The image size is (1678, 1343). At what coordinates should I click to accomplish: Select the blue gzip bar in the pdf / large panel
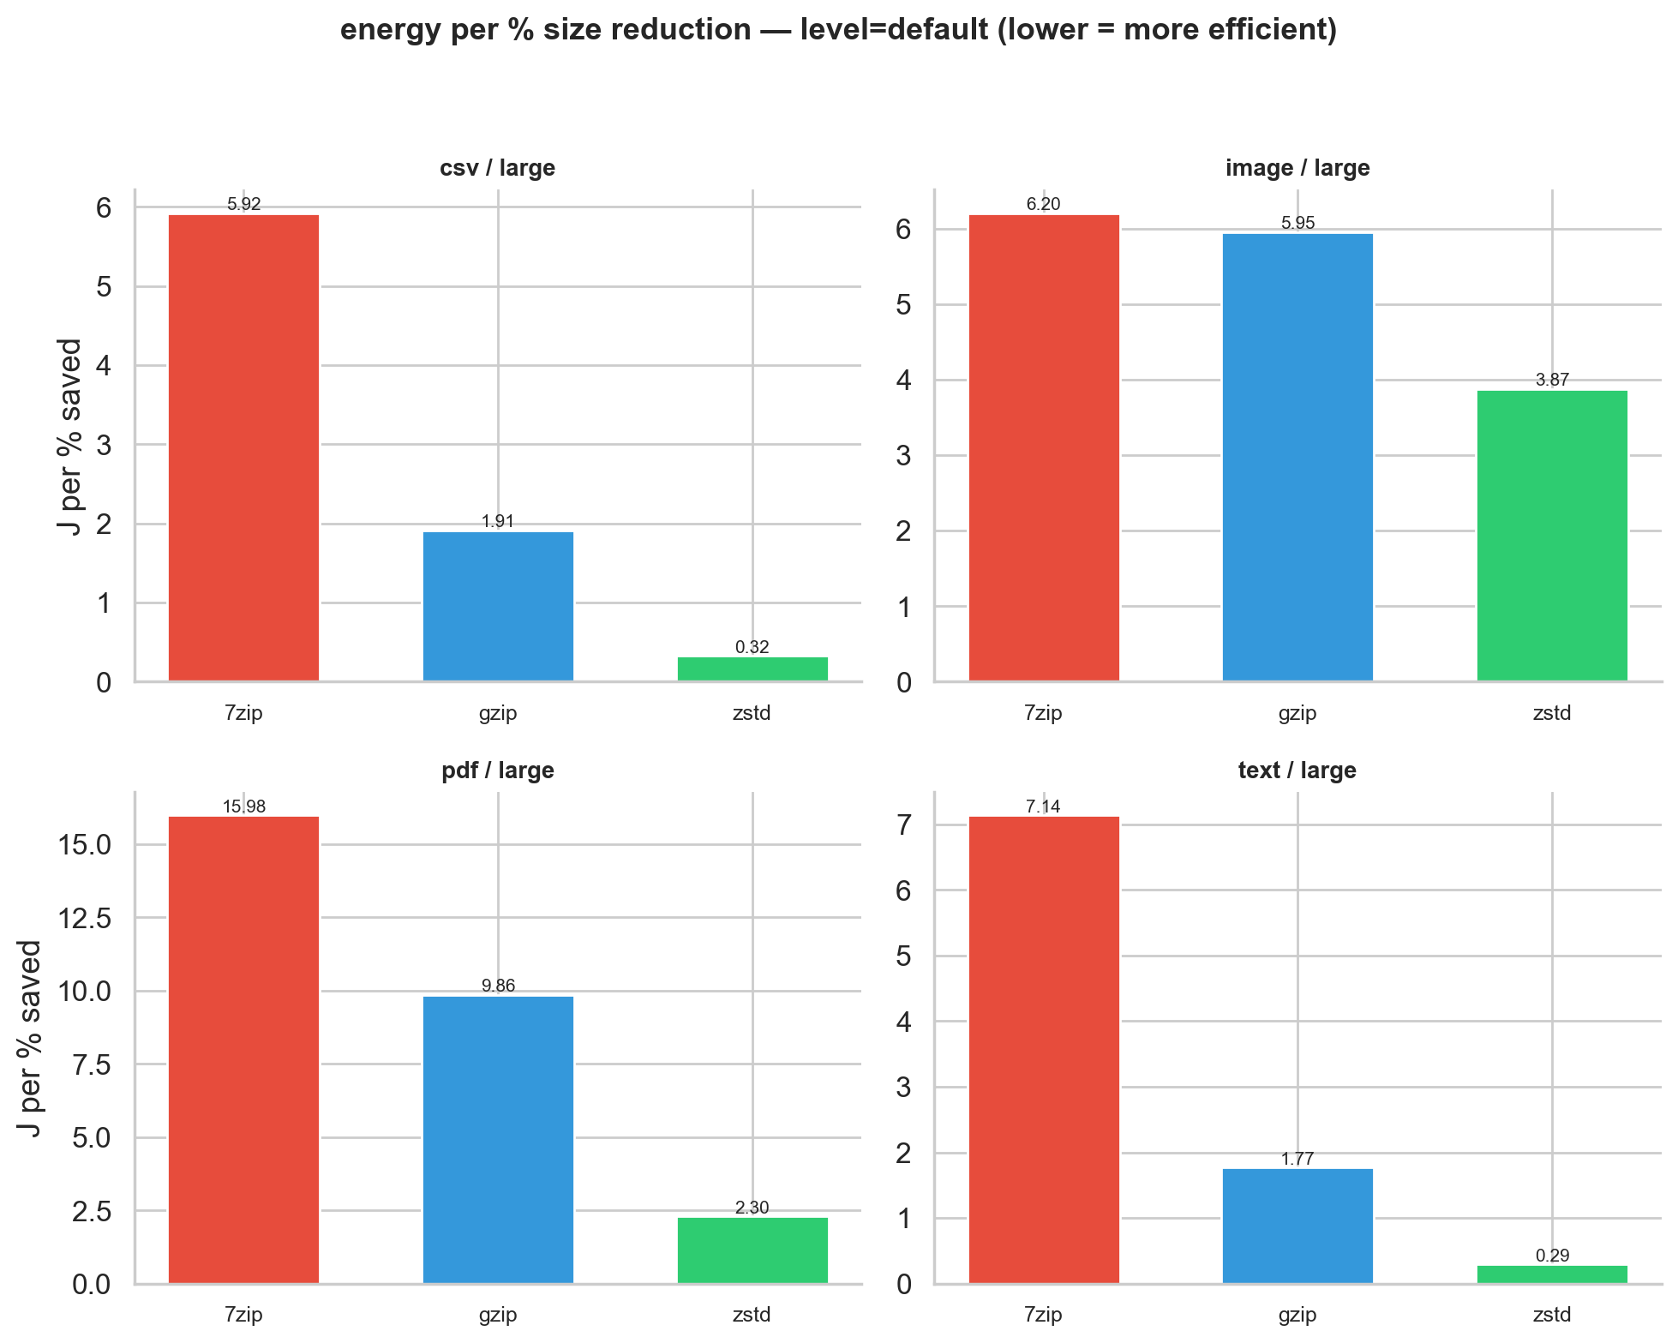point(498,1139)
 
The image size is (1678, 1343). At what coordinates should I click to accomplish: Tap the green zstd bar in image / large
point(1551,536)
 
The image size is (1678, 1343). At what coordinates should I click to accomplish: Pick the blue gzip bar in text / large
point(1297,1226)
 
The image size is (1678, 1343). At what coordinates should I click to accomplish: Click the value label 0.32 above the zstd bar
point(752,647)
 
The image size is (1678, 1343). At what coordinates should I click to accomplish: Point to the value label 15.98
point(243,806)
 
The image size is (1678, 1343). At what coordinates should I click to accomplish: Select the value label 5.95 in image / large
point(1297,224)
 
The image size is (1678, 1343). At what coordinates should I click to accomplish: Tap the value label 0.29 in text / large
point(1551,1256)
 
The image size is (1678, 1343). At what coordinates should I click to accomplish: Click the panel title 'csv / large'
point(497,168)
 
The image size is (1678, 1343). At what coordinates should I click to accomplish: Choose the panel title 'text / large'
point(1297,770)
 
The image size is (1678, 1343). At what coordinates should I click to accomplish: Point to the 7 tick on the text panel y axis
point(903,825)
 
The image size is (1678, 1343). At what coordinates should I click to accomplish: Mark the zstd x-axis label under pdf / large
point(752,1315)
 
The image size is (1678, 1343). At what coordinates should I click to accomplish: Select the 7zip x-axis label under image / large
point(1043,713)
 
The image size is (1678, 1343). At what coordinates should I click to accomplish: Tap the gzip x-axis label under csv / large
point(498,713)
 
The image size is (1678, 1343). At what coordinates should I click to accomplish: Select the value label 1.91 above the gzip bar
point(498,521)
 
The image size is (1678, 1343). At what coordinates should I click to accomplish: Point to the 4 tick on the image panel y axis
point(903,381)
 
